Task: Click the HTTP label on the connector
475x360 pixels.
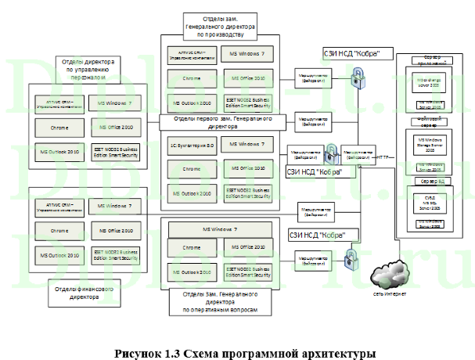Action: point(383,156)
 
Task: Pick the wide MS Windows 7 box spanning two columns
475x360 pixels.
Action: point(220,229)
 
